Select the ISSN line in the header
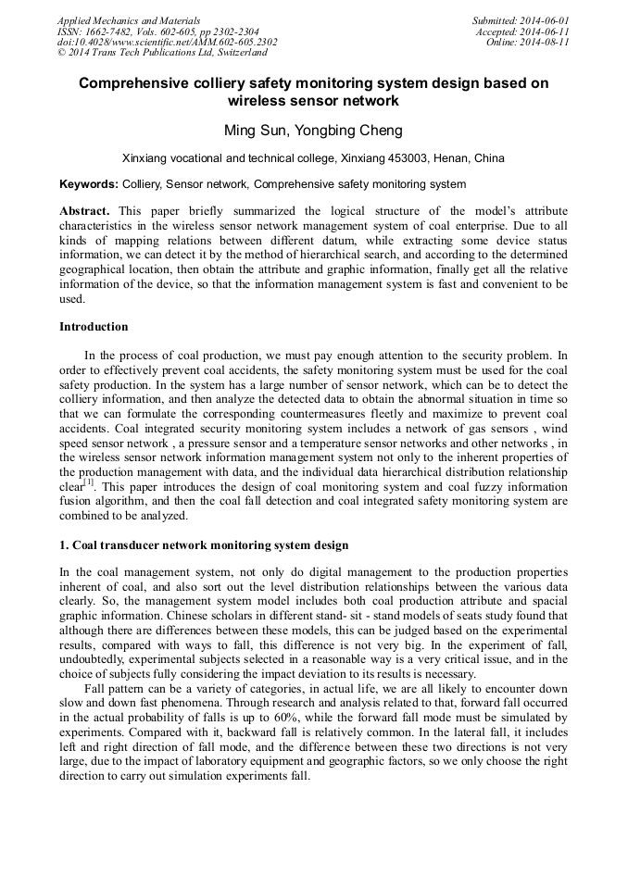(x=157, y=31)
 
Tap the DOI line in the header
(x=167, y=42)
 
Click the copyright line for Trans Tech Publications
(x=162, y=53)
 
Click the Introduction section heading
(x=94, y=326)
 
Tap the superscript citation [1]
(x=89, y=482)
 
